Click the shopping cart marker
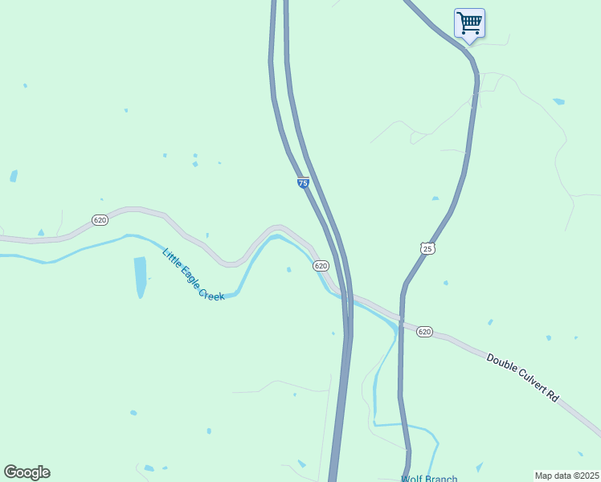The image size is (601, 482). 469,22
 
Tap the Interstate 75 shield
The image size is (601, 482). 303,183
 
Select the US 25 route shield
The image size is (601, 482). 427,248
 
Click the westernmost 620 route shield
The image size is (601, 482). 100,220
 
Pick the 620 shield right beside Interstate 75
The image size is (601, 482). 321,266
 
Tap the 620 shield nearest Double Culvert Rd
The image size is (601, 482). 425,331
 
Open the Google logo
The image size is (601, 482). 27,472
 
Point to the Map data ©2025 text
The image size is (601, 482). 566,475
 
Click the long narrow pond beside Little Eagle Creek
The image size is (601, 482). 141,276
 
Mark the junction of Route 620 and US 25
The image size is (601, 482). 401,319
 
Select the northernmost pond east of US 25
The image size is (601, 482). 558,101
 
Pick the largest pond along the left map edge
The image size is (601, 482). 14,176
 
